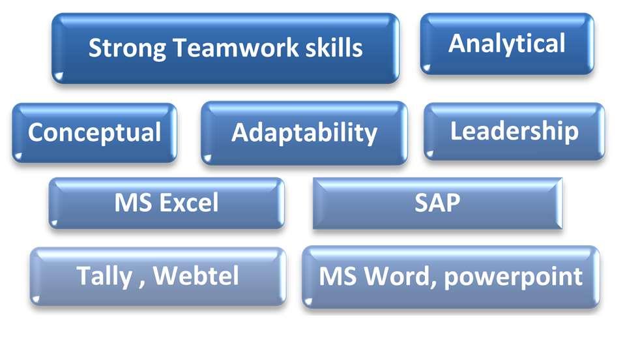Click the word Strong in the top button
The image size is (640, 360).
[x=127, y=48]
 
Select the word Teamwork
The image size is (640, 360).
[x=237, y=47]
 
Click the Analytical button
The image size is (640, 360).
[x=507, y=44]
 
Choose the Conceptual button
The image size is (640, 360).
[x=95, y=133]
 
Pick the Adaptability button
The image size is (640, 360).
[x=304, y=133]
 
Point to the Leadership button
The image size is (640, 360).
[x=514, y=132]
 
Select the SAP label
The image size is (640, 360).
[x=437, y=203]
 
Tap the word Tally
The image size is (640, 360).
[x=104, y=277]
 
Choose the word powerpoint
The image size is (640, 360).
[x=513, y=278]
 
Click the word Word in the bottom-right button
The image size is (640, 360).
[x=398, y=277]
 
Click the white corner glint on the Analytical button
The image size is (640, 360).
[x=426, y=67]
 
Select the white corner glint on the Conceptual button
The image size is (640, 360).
[x=18, y=156]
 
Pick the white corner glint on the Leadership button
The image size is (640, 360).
[x=429, y=154]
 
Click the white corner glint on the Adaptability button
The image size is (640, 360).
[x=207, y=158]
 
